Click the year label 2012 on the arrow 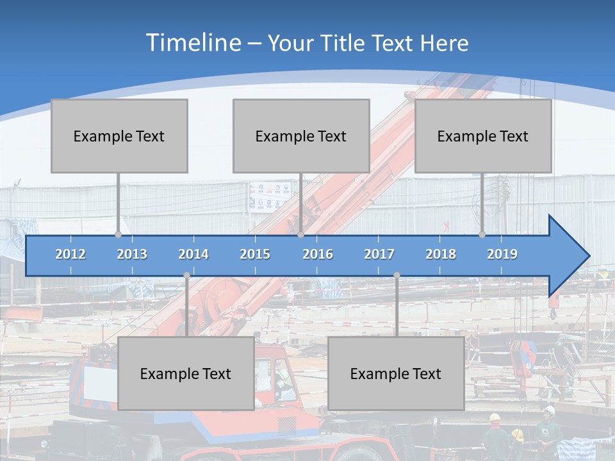pyautogui.click(x=70, y=254)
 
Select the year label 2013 pyautogui.click(x=132, y=254)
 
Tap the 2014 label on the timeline pyautogui.click(x=193, y=254)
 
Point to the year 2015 pyautogui.click(x=255, y=254)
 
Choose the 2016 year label pyautogui.click(x=318, y=254)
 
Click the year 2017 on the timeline pyautogui.click(x=379, y=254)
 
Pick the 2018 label pyautogui.click(x=441, y=254)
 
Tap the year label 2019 pyautogui.click(x=502, y=254)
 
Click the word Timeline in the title pyautogui.click(x=192, y=43)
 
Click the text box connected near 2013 pyautogui.click(x=119, y=136)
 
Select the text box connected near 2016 pyautogui.click(x=301, y=136)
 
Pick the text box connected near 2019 pyautogui.click(x=483, y=136)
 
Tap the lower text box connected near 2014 pyautogui.click(x=186, y=373)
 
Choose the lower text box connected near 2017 pyautogui.click(x=396, y=373)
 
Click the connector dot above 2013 pyautogui.click(x=118, y=234)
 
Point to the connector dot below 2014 pyautogui.click(x=186, y=275)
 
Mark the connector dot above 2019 pyautogui.click(x=482, y=234)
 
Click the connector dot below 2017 pyautogui.click(x=397, y=275)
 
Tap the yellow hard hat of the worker pyautogui.click(x=495, y=417)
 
